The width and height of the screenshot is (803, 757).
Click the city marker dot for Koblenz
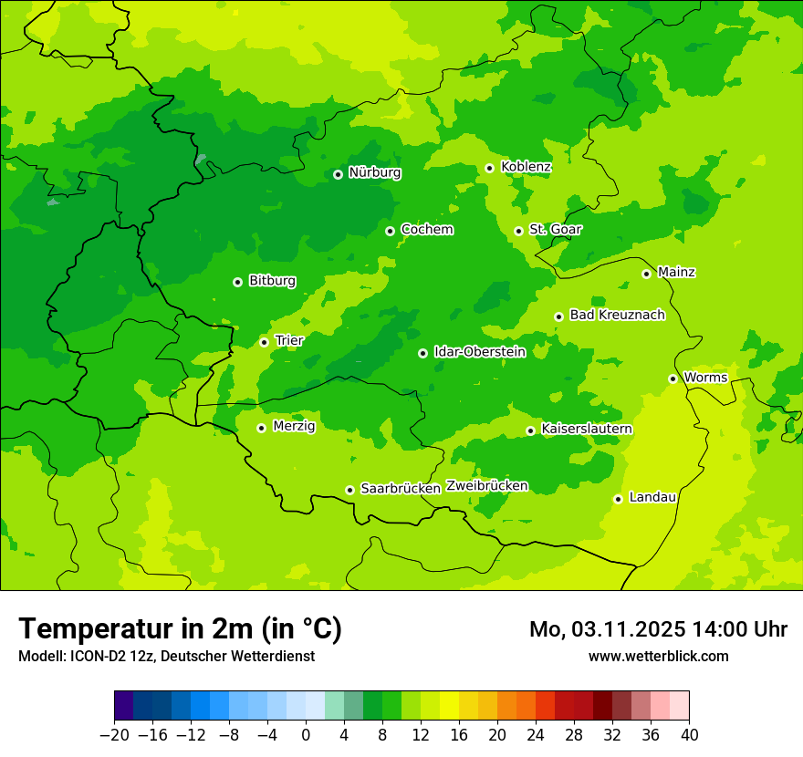(489, 168)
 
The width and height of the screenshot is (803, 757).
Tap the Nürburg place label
(374, 172)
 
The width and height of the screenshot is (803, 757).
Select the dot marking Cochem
(390, 231)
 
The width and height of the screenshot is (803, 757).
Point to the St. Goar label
(555, 230)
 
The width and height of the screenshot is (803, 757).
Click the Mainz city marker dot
(646, 274)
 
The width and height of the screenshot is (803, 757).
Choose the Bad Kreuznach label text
(617, 316)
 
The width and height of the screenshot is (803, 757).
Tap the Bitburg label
(272, 281)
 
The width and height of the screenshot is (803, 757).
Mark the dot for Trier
(264, 342)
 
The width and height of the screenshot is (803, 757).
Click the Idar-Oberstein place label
(480, 352)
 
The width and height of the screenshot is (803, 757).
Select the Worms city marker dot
(673, 378)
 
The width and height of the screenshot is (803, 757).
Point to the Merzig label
(294, 427)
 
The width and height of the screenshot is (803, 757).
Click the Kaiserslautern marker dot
(530, 430)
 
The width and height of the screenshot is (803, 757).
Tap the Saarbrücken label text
(401, 489)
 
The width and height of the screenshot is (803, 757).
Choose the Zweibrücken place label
(486, 486)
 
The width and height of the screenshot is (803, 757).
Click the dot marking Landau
(618, 499)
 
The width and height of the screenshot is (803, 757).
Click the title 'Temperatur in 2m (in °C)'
(180, 629)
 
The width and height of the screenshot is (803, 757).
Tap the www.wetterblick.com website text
(658, 657)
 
